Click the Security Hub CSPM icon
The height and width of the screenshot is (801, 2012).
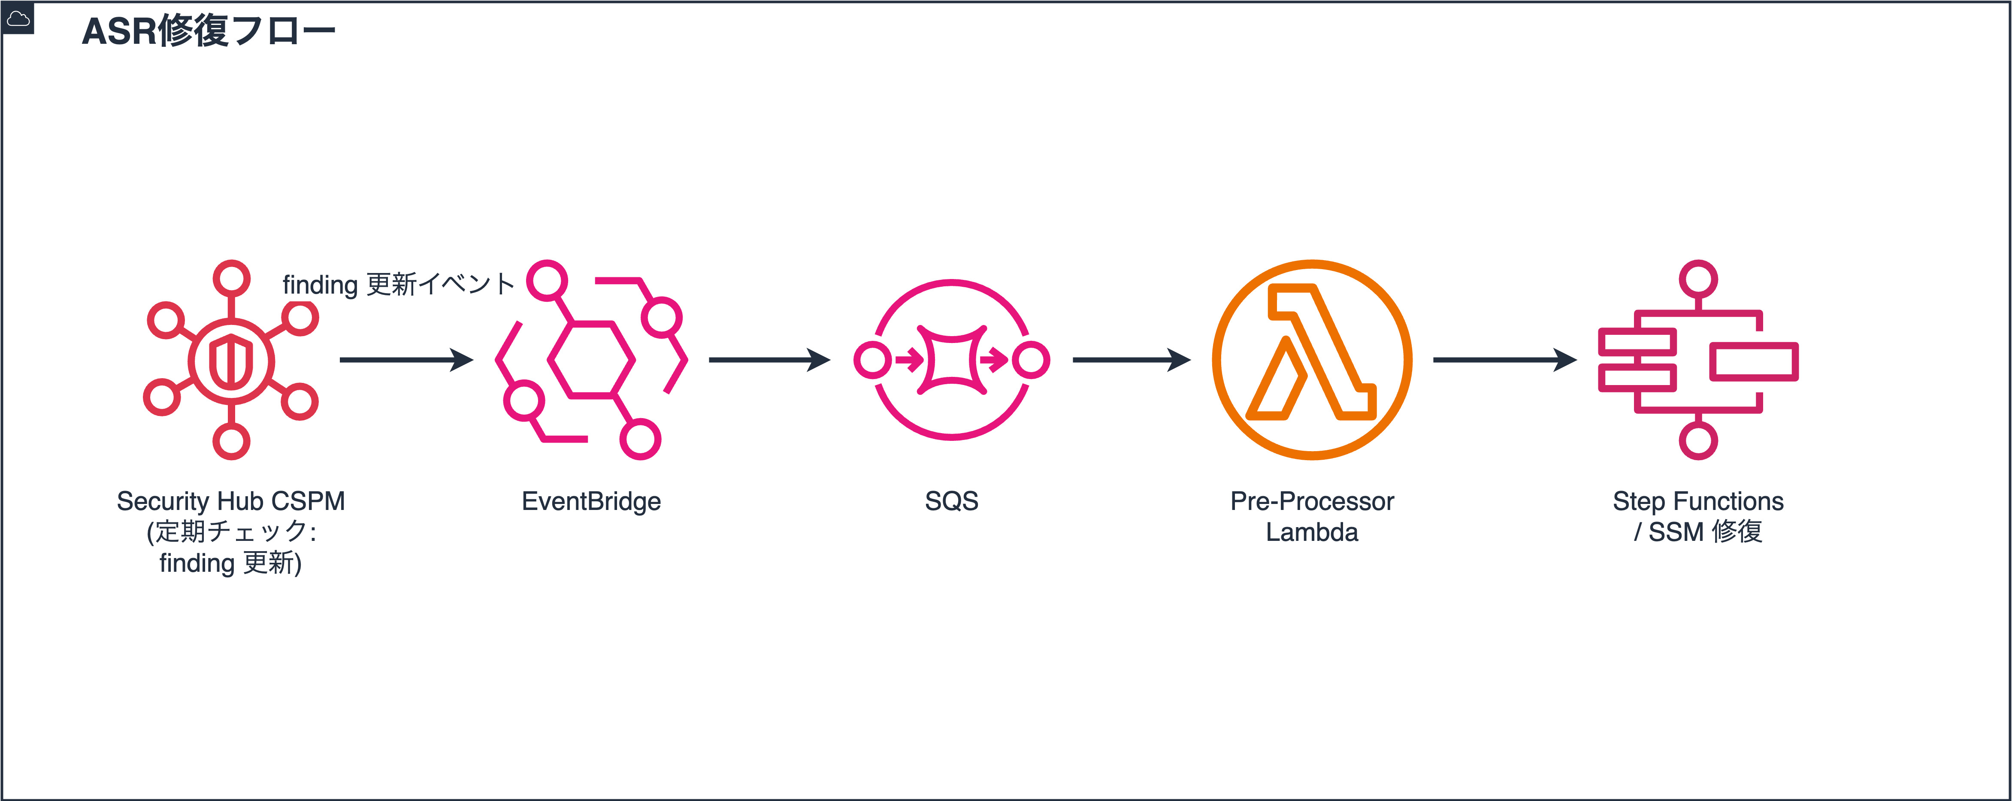[x=231, y=359]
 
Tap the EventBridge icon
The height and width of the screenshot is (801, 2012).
[x=591, y=359]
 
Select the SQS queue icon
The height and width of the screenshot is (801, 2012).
[x=951, y=359]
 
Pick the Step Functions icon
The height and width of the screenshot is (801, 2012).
[x=1698, y=359]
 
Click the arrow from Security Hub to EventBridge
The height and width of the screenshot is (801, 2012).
[x=406, y=359]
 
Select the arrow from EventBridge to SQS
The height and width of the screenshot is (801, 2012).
[x=769, y=359]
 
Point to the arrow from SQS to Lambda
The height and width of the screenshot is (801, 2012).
[x=1131, y=359]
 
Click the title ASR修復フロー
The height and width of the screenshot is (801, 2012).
[x=209, y=31]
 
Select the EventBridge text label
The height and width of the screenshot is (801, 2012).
[x=591, y=501]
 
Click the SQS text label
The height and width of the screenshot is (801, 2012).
[x=951, y=501]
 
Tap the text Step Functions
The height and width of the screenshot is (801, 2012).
[x=1698, y=501]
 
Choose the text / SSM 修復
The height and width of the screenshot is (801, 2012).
[x=1698, y=532]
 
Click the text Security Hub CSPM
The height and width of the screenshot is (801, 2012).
[x=231, y=501]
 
